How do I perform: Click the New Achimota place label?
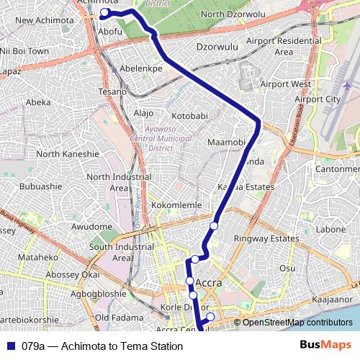44,21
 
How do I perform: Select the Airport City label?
317,99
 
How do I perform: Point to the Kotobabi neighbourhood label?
189,116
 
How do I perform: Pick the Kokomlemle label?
176,204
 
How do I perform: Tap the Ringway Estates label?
271,238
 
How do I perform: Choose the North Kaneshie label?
68,153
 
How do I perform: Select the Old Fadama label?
116,318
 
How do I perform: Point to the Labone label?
330,230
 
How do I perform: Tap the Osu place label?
287,267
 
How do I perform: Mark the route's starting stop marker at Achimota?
105,13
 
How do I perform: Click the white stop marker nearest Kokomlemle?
214,227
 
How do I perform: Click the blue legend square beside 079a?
10,346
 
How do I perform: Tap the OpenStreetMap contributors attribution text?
297,323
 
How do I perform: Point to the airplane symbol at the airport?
347,86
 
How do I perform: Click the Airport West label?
285,84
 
